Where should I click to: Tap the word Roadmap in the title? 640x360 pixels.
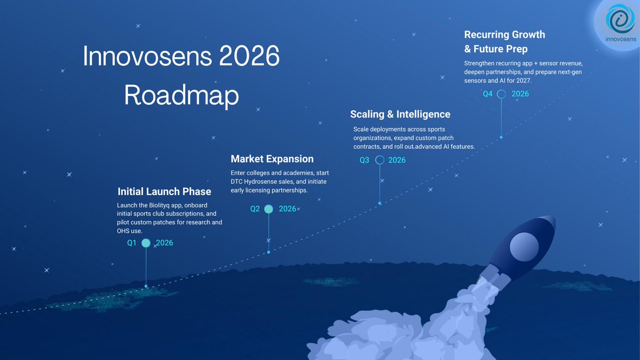[181, 95]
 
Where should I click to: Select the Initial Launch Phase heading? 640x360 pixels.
[164, 191]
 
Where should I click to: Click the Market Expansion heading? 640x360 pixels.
[272, 159]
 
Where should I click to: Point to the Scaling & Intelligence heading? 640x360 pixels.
[400, 114]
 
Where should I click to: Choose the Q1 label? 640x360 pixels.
[132, 243]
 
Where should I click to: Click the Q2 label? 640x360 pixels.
[255, 209]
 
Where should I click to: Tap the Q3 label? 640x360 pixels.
[364, 160]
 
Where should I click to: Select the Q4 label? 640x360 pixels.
[487, 94]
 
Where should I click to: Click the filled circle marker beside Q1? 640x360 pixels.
[146, 243]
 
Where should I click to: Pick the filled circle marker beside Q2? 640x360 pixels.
[269, 209]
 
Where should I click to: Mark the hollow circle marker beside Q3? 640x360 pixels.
[380, 160]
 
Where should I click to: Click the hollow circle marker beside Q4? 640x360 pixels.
[501, 94]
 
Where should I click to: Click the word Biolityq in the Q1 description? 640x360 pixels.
[165, 205]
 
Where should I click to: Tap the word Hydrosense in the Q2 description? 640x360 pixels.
[267, 182]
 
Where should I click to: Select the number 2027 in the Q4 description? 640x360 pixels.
[538, 81]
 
